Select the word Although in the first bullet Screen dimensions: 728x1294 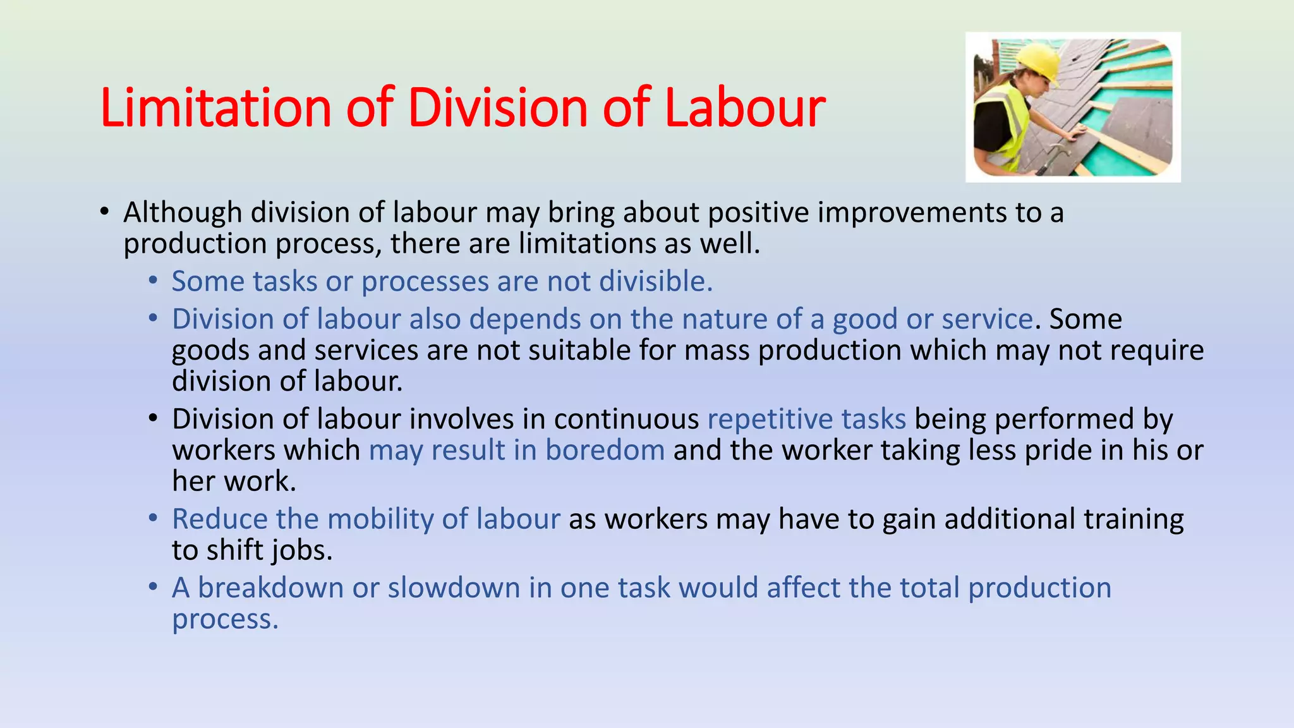(x=183, y=213)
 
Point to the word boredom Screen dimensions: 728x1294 (x=605, y=451)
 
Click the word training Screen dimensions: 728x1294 (x=1134, y=519)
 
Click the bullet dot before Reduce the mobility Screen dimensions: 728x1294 (x=153, y=519)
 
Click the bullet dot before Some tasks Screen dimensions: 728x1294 (x=153, y=281)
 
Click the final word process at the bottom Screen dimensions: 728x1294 (x=224, y=619)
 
